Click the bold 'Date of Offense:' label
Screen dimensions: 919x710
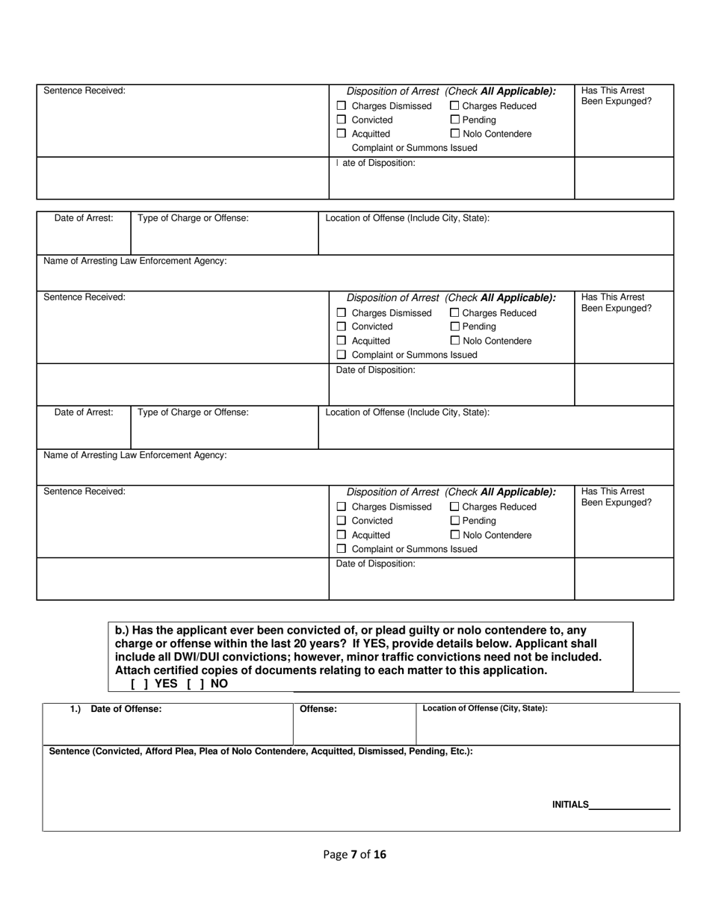pos(126,709)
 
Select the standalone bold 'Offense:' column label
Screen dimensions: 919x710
pos(318,709)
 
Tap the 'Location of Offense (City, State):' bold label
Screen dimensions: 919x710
pos(485,708)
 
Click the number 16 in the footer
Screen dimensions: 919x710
pos(380,855)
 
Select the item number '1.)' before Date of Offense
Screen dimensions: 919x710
pos(75,709)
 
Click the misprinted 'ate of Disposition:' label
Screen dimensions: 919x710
pos(378,163)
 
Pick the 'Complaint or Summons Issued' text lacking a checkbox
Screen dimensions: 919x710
pos(414,148)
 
